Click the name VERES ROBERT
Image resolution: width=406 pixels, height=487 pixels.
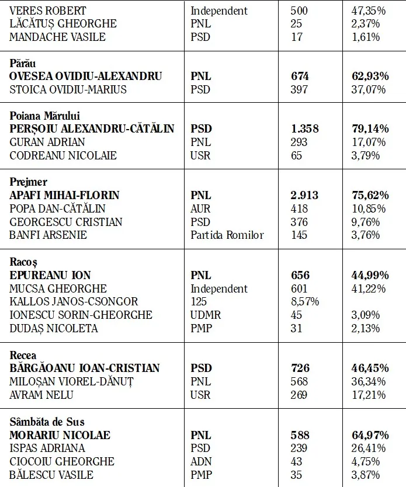[x=48, y=11]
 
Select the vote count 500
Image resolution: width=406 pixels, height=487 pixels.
[x=299, y=11]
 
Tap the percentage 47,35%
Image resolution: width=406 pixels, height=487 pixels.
[x=365, y=11]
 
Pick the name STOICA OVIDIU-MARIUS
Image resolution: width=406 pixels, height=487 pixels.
[x=68, y=89]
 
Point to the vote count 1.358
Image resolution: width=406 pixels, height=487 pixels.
[x=305, y=128]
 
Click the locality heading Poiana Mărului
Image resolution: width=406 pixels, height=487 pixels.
[x=45, y=116]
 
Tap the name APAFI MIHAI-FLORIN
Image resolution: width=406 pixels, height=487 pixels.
[x=64, y=195]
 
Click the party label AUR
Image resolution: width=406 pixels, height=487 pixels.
[x=202, y=208]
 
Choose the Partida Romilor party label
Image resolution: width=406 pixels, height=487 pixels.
[x=227, y=235]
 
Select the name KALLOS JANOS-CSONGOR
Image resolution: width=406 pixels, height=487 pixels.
[x=74, y=301]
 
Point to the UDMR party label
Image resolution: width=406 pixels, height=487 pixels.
[x=204, y=315]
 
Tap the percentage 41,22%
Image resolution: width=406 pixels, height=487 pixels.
[x=365, y=288]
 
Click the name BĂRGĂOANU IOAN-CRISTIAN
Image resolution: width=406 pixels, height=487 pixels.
[x=85, y=368]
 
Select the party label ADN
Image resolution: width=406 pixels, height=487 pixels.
[x=202, y=461]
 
